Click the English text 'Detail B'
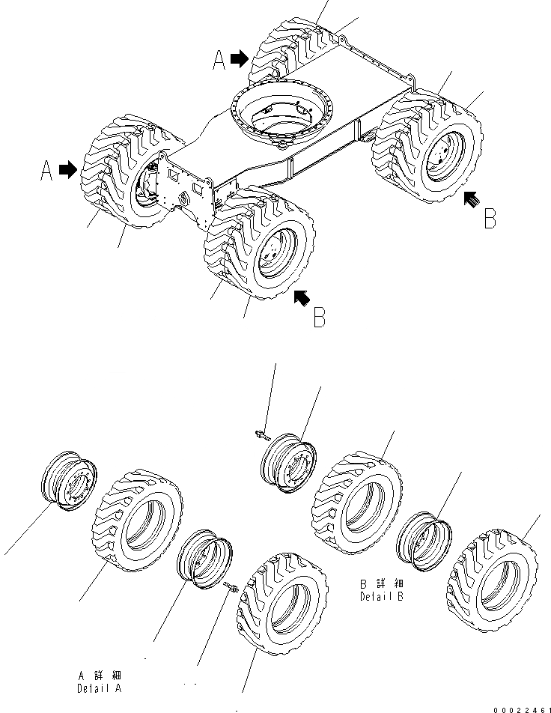[x=383, y=596]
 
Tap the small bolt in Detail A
[x=230, y=588]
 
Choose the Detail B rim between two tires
[x=424, y=540]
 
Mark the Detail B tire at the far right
[x=495, y=581]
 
